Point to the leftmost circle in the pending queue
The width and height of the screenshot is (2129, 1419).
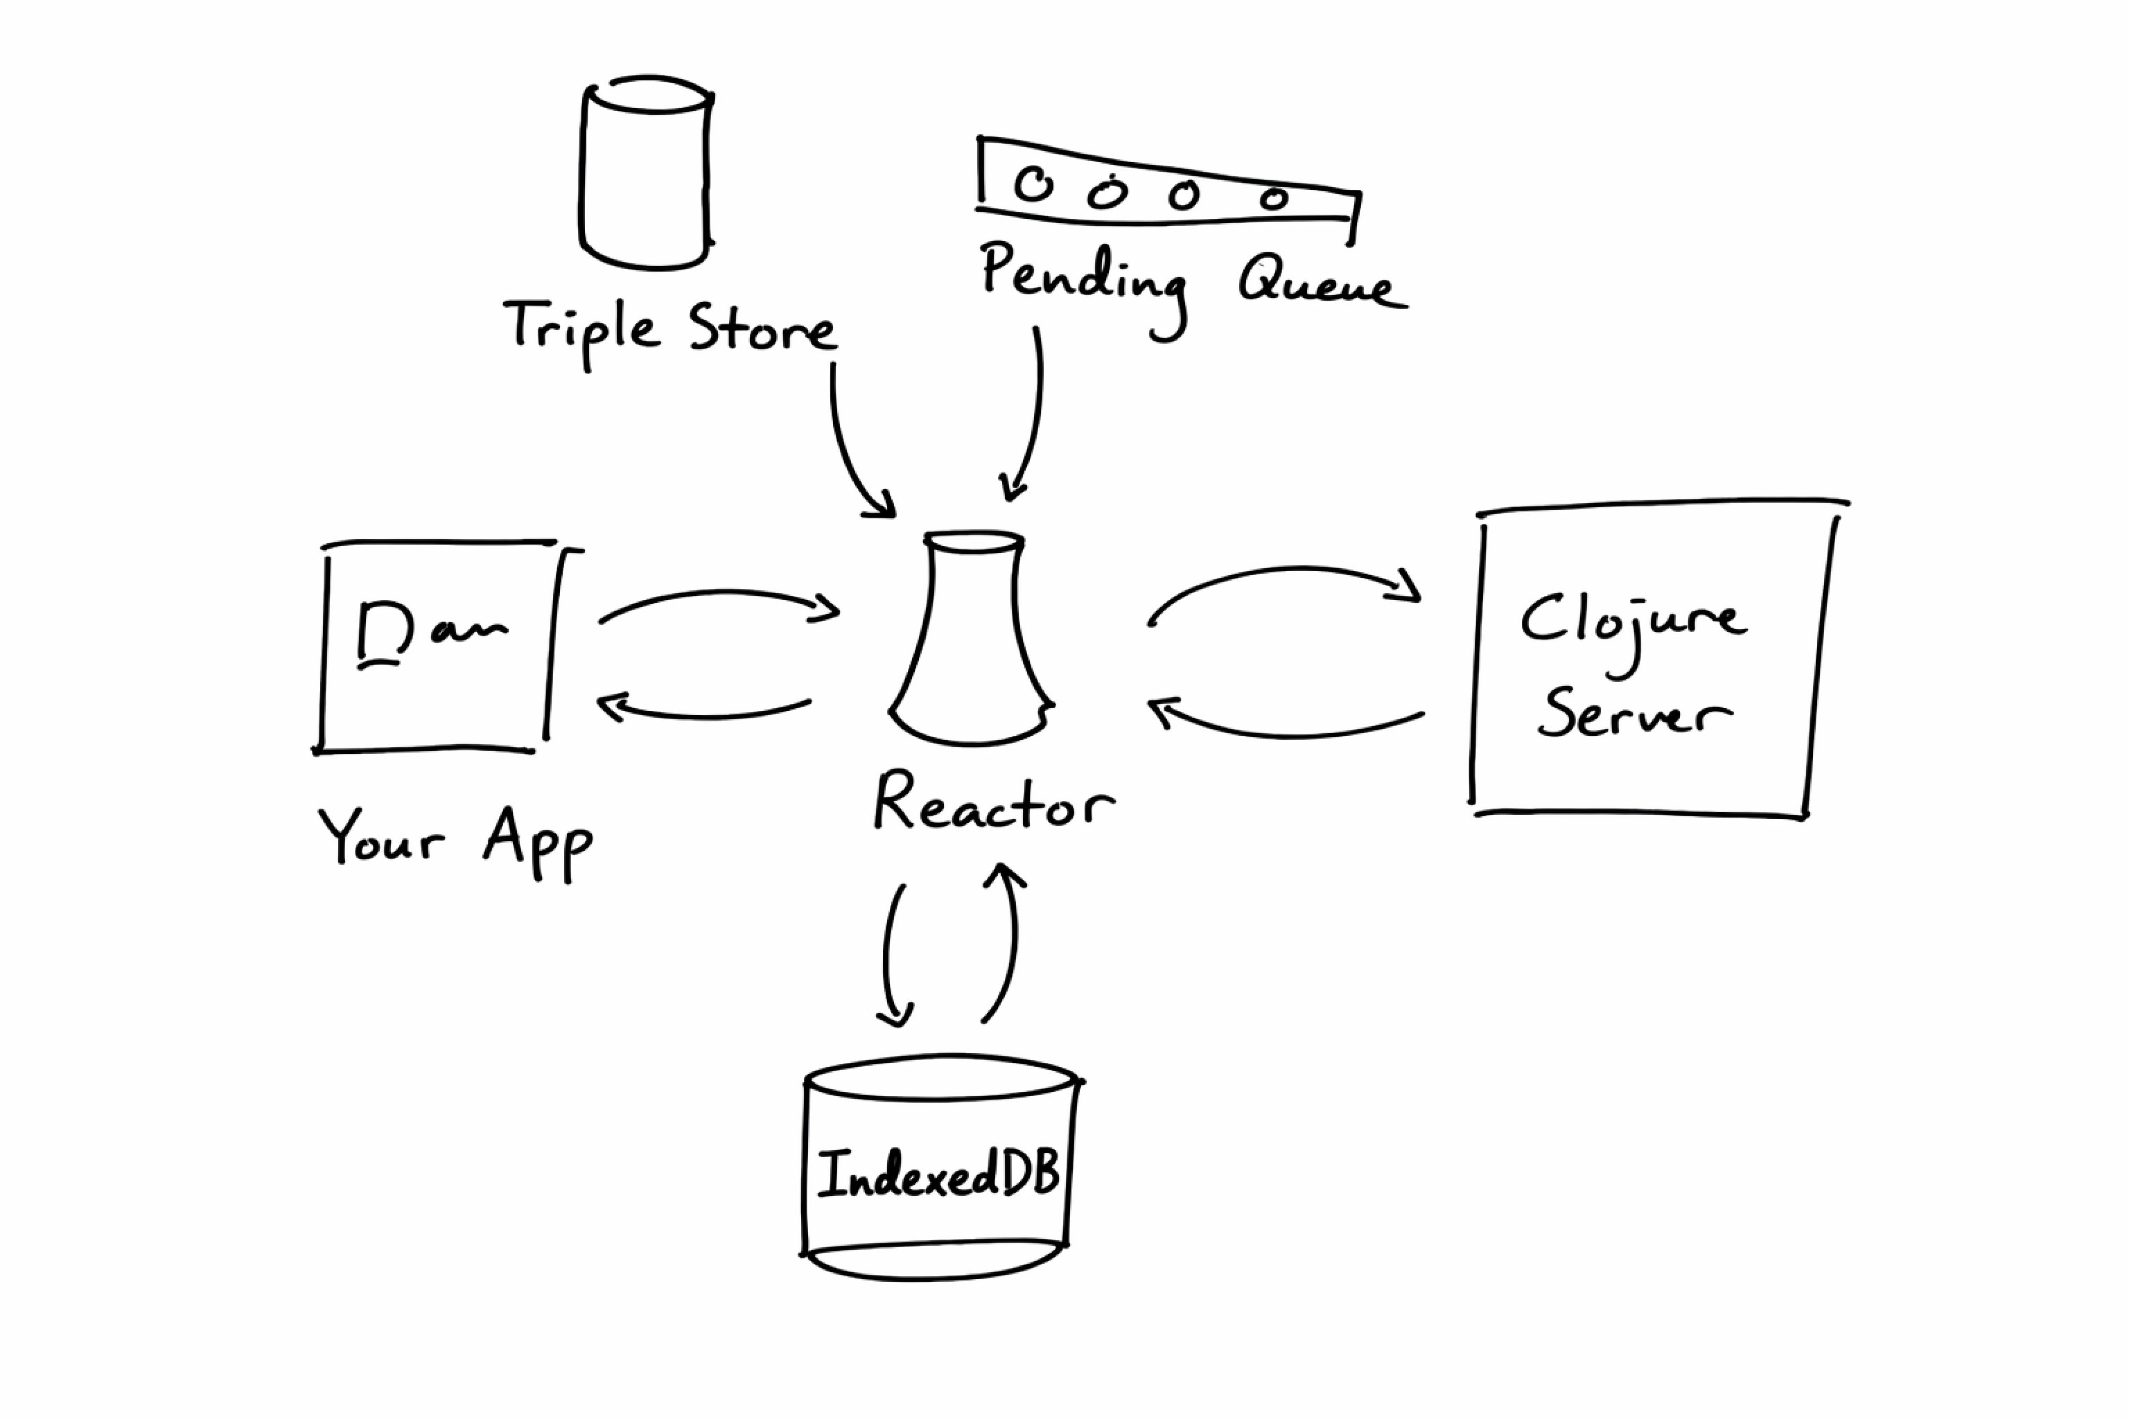point(1033,184)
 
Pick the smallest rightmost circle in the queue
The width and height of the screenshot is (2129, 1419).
point(1274,198)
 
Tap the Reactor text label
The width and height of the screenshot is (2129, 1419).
point(993,804)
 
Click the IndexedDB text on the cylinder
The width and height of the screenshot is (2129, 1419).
point(938,1174)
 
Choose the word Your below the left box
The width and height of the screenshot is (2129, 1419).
point(381,837)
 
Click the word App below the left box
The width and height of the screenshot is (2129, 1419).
point(538,842)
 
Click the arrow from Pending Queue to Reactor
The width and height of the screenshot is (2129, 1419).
point(1033,416)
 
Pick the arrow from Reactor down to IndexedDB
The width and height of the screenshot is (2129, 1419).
point(890,959)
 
